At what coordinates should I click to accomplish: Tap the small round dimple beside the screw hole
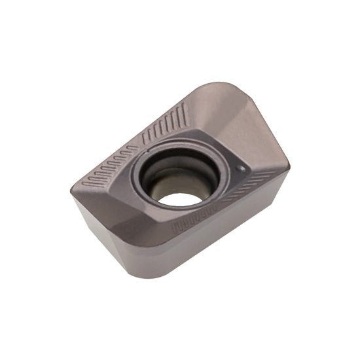pyautogui.click(x=242, y=168)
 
